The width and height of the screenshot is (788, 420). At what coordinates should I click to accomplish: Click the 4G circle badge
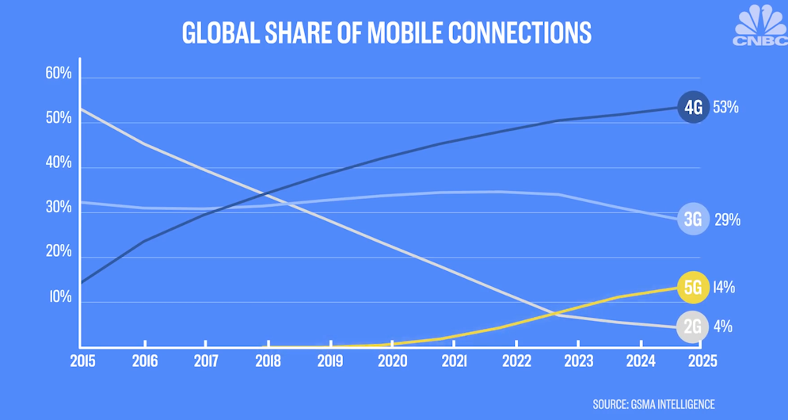point(693,108)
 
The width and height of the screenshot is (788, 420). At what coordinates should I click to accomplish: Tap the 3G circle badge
point(693,220)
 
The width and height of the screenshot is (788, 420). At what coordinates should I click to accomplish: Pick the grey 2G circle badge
point(693,326)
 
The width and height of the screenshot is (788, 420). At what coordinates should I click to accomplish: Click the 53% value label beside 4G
point(725,108)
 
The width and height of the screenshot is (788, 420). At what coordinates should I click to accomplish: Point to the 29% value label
point(726,220)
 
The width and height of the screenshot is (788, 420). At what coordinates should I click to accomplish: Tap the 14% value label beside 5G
point(723,288)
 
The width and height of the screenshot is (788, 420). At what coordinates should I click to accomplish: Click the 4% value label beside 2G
point(721,326)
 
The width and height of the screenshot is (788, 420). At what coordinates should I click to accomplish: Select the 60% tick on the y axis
point(59,74)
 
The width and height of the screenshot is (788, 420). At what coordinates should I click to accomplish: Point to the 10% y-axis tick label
point(59,298)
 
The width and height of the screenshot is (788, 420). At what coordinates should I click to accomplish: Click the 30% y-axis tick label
point(59,208)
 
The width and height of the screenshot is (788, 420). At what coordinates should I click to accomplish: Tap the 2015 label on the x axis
point(82,361)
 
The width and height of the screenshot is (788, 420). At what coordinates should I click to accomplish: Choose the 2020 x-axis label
point(392,361)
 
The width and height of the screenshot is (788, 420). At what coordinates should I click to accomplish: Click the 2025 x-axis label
point(702,361)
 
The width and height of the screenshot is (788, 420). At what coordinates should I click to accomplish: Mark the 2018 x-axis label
point(268,361)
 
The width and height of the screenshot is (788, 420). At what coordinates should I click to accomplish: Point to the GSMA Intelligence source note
point(653,405)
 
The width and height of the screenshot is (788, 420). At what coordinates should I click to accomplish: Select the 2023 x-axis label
point(578,361)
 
